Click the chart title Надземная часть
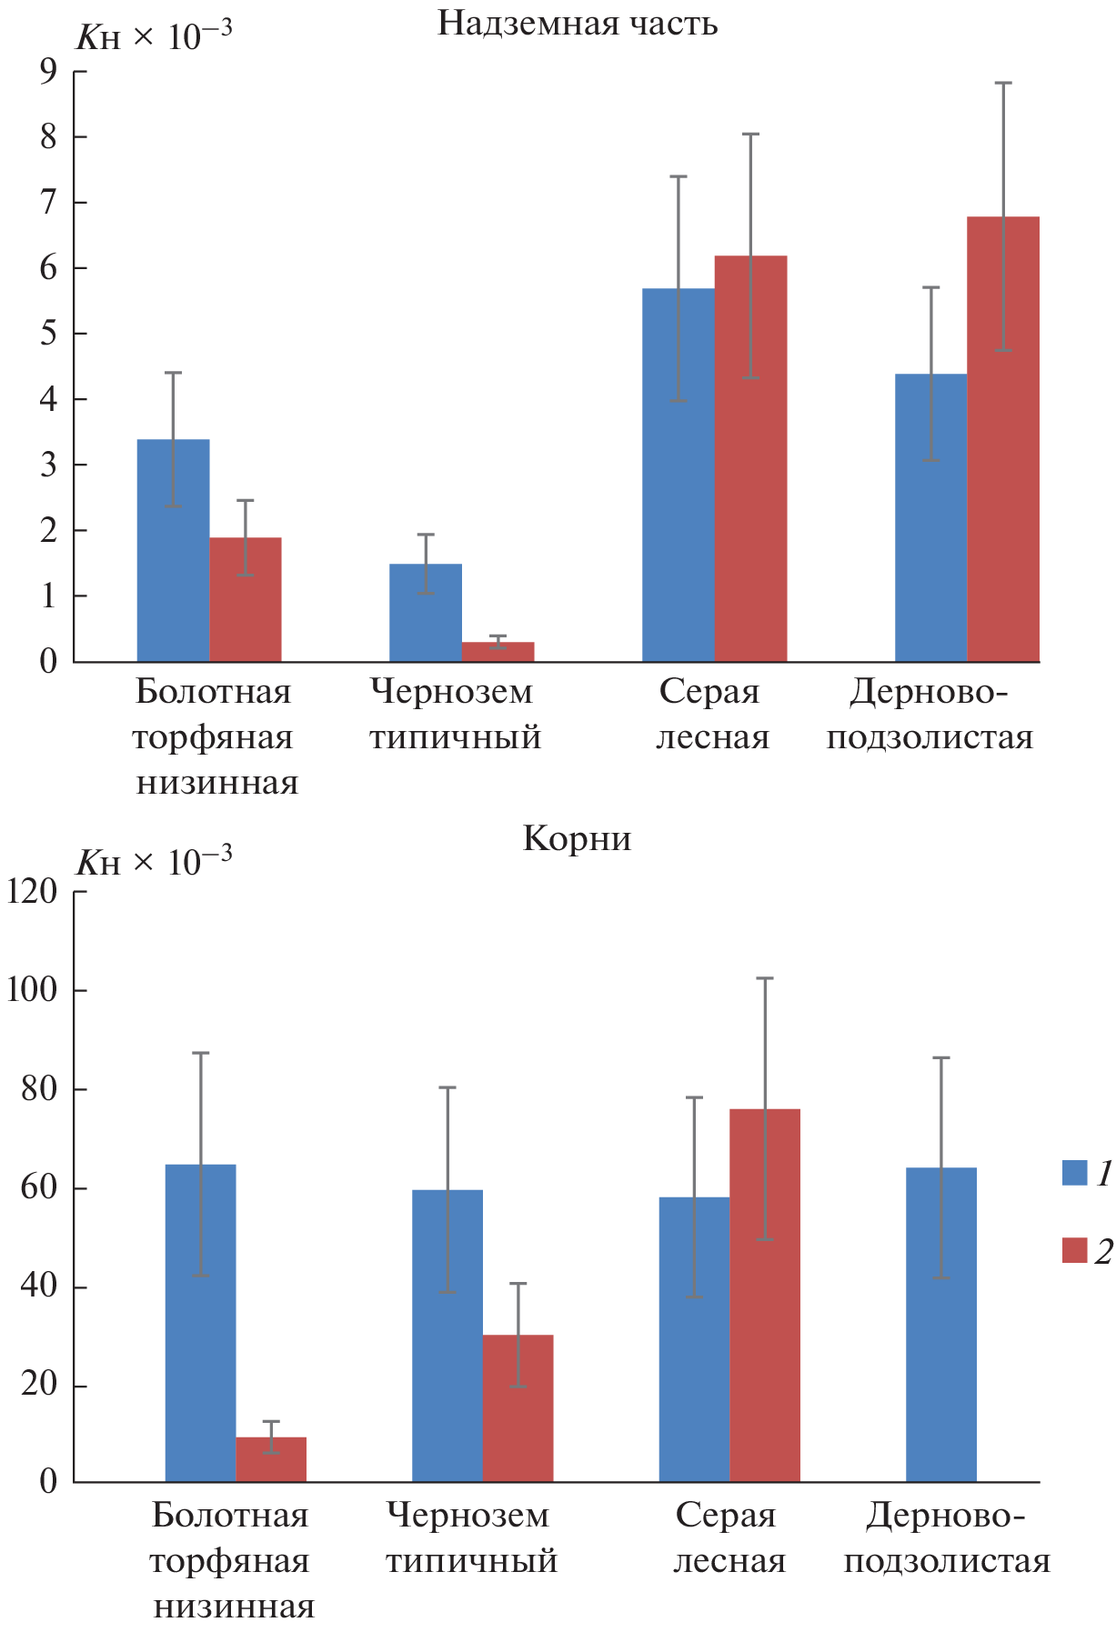coord(578,23)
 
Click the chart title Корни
coord(577,837)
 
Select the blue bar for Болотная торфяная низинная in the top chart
coord(173,550)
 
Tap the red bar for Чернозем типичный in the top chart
coord(498,651)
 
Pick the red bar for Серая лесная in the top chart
coord(750,458)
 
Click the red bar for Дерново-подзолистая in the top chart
coord(1003,438)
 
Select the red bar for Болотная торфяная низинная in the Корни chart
coord(271,1459)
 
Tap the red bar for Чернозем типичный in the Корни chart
coord(518,1408)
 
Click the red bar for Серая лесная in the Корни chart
coord(765,1296)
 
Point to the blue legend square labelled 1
coord(1074,1173)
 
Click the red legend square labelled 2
coord(1074,1251)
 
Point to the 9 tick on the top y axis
coord(48,71)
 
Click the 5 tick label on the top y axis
coord(48,334)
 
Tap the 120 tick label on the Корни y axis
coord(32,892)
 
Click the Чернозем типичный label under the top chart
coord(454,714)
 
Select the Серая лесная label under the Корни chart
coord(728,1537)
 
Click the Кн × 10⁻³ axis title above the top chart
coord(153,36)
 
